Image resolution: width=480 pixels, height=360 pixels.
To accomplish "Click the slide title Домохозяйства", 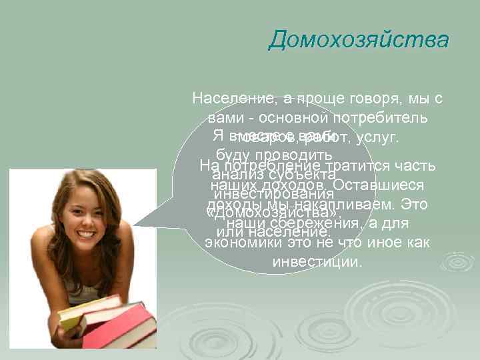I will pyautogui.click(x=359, y=39).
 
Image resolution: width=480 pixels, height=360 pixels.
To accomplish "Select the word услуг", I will pyautogui.click(x=377, y=138).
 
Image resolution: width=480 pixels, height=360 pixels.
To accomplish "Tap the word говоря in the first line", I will pyautogui.click(x=371, y=99).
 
